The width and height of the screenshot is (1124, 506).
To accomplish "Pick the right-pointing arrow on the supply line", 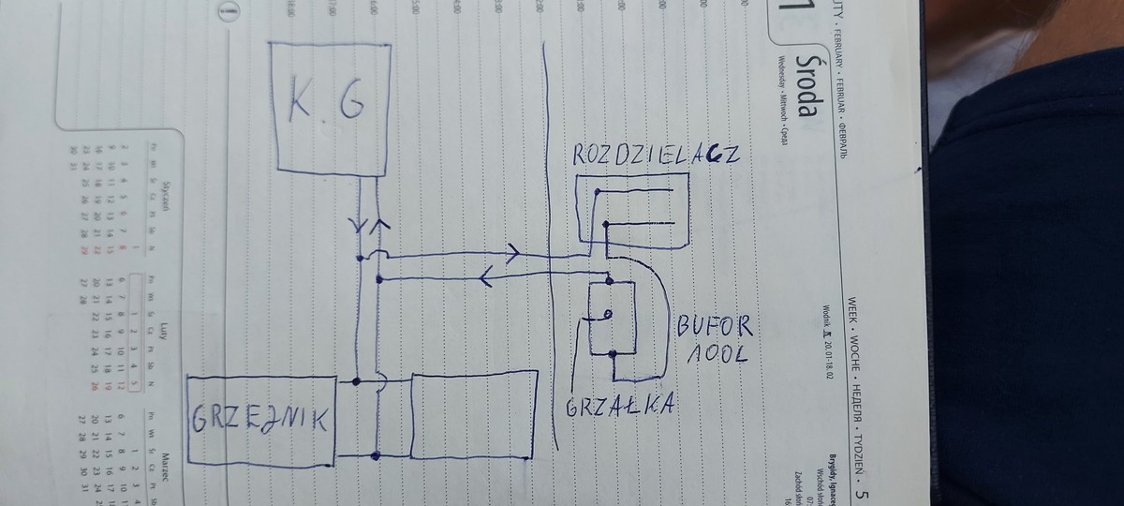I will pyautogui.click(x=513, y=251).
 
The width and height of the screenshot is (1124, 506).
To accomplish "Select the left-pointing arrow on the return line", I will pyautogui.click(x=488, y=276).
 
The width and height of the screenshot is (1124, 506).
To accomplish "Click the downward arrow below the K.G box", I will pyautogui.click(x=359, y=227).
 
